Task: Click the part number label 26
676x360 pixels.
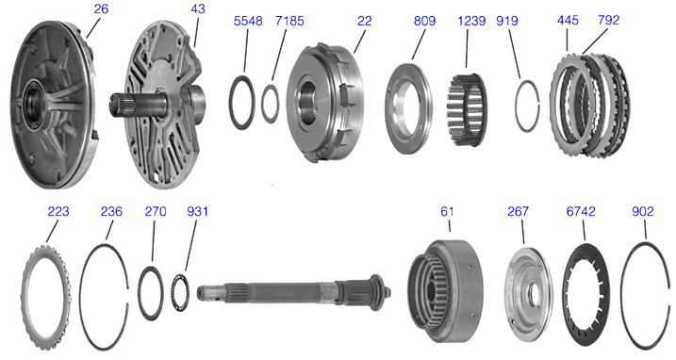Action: click(x=101, y=8)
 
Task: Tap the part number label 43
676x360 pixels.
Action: click(x=197, y=8)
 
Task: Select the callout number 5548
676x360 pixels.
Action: click(x=248, y=21)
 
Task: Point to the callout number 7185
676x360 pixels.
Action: click(x=289, y=21)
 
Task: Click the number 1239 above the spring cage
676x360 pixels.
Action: click(x=471, y=21)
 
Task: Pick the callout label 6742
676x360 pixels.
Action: click(x=581, y=211)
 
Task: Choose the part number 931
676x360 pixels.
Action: click(x=197, y=211)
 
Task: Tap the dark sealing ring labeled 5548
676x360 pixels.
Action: click(x=230, y=102)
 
